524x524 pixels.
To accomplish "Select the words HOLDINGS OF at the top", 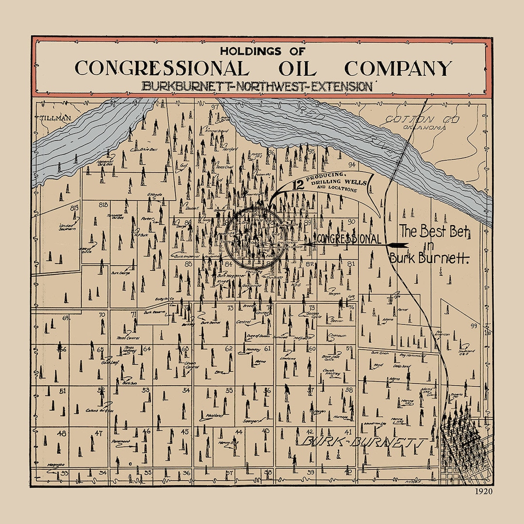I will (262, 50).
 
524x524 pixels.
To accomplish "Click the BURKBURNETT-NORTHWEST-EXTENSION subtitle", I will (257, 86).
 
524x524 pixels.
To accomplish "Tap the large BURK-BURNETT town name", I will (362, 442).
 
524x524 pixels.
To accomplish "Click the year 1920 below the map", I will (484, 491).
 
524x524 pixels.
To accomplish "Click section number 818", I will (102, 205).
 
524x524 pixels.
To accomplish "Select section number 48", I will (62, 433).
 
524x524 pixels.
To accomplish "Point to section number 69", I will (66, 318).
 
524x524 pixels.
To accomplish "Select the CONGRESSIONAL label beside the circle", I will (348, 239).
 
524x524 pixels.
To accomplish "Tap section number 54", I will (186, 390).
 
